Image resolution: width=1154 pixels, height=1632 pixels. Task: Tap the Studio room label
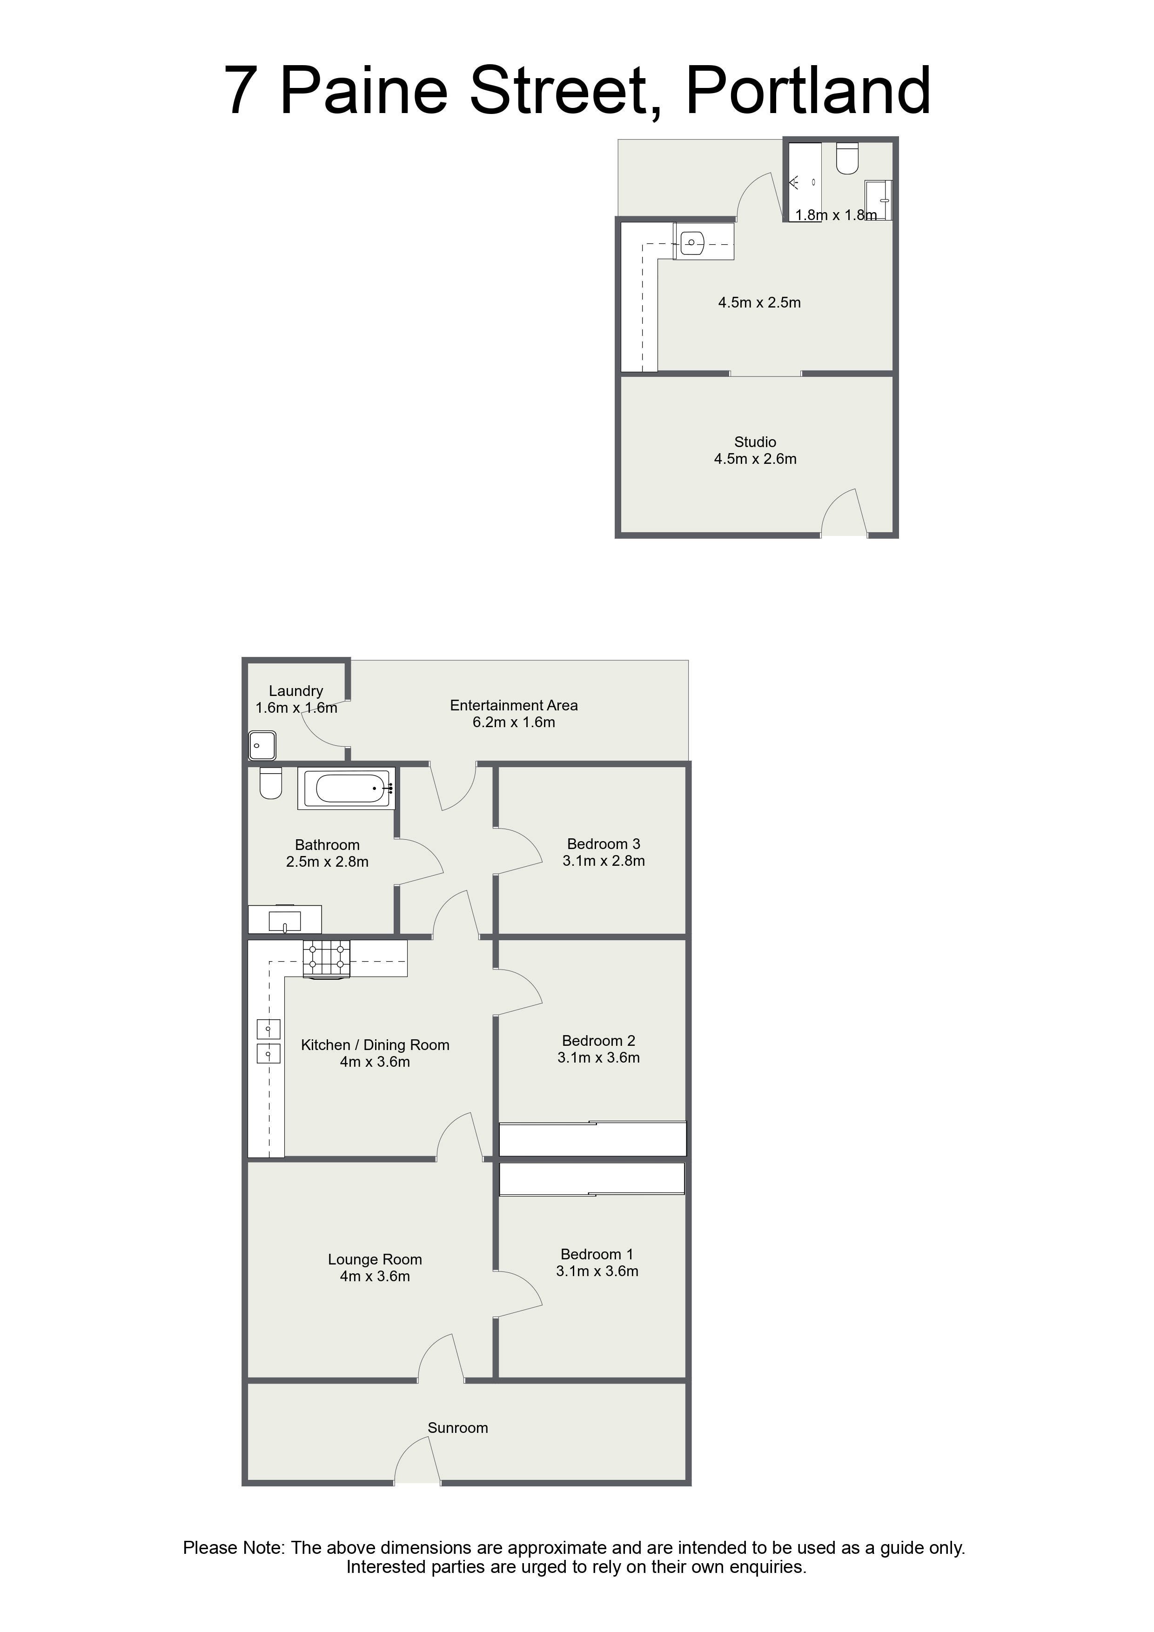(755, 442)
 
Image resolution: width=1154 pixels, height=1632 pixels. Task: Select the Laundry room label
(296, 691)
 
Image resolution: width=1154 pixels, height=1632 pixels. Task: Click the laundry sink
(262, 746)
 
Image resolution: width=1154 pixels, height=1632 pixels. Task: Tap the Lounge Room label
(375, 1259)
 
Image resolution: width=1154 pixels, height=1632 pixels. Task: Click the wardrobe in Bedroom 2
(592, 1139)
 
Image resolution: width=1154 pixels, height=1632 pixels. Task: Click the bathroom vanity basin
(284, 921)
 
